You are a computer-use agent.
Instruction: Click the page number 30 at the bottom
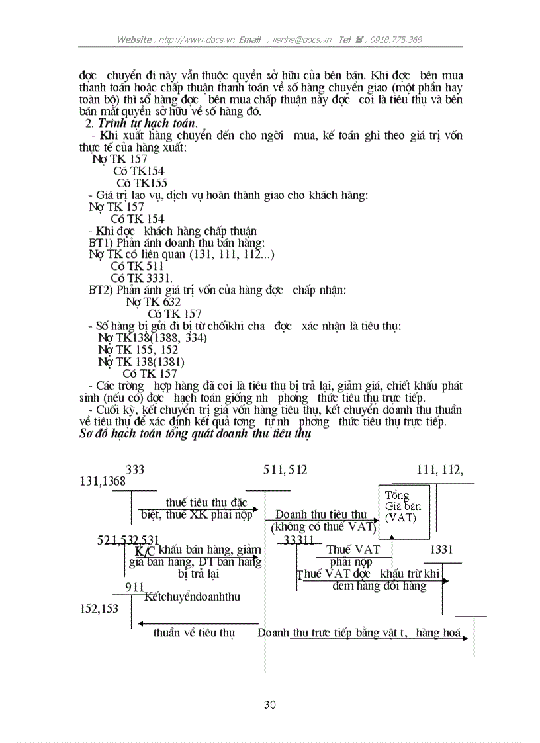tap(269, 705)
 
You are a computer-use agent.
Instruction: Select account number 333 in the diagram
tap(135, 470)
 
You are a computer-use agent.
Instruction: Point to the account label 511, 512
tap(285, 470)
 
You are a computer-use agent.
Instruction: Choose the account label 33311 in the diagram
tap(298, 540)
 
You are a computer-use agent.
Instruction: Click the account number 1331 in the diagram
tap(441, 549)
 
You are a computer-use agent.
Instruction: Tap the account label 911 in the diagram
tap(134, 586)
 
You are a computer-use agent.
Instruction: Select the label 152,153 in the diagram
tap(99, 608)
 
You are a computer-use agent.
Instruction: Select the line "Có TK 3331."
tap(142, 278)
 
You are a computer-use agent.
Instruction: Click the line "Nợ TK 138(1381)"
tap(141, 362)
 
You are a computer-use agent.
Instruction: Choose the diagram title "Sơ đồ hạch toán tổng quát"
tap(191, 434)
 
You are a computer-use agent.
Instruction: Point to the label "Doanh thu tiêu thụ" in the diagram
tap(321, 514)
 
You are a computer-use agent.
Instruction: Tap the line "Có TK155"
tap(142, 183)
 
